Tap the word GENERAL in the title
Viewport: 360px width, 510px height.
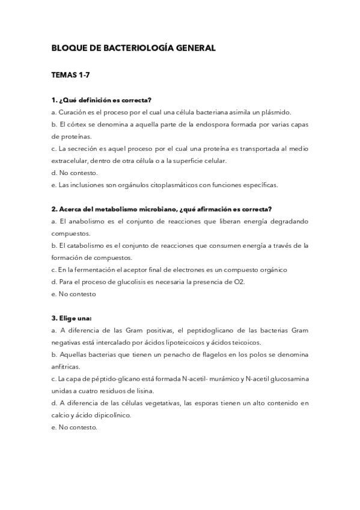194,47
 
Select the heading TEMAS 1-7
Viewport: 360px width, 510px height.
71,75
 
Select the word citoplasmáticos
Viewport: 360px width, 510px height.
165,185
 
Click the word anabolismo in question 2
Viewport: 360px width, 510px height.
86,221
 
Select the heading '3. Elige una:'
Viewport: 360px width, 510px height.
72,318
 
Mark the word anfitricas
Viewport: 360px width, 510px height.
66,366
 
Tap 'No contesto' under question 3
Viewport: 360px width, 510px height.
78,427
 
